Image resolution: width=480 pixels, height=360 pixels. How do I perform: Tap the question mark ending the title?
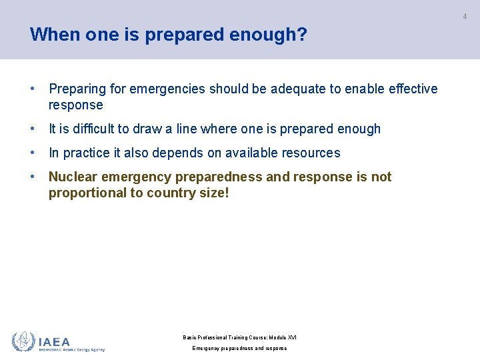pyautogui.click(x=303, y=34)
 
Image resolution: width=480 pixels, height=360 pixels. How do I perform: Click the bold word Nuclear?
pyautogui.click(x=73, y=177)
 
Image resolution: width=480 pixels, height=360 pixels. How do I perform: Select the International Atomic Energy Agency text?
pyautogui.click(x=71, y=349)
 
